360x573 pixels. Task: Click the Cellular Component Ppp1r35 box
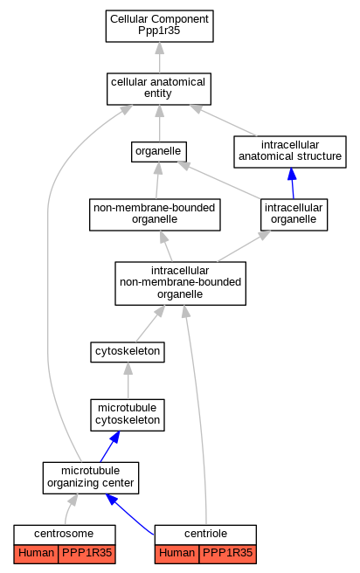[159, 26]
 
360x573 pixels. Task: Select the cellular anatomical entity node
[159, 89]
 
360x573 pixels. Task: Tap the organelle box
[159, 152]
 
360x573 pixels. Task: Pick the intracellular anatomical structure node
[290, 152]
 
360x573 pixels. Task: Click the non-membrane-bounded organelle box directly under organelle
[155, 215]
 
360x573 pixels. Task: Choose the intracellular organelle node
[294, 215]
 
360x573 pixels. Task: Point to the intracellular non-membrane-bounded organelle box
[180, 283]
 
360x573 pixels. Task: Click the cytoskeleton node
[128, 352]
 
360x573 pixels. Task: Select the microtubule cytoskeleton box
[128, 415]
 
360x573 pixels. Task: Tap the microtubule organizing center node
[91, 478]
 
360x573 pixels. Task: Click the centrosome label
[64, 534]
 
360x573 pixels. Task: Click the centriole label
[205, 534]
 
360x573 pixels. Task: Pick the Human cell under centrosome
[36, 554]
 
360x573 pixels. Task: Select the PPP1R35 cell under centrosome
[87, 554]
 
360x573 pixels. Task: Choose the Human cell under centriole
[177, 554]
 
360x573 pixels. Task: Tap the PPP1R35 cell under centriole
[227, 554]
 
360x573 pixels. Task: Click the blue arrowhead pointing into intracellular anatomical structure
[292, 174]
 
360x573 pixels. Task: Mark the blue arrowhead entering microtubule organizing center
[112, 499]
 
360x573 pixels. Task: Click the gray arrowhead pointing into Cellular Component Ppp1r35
[159, 48]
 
